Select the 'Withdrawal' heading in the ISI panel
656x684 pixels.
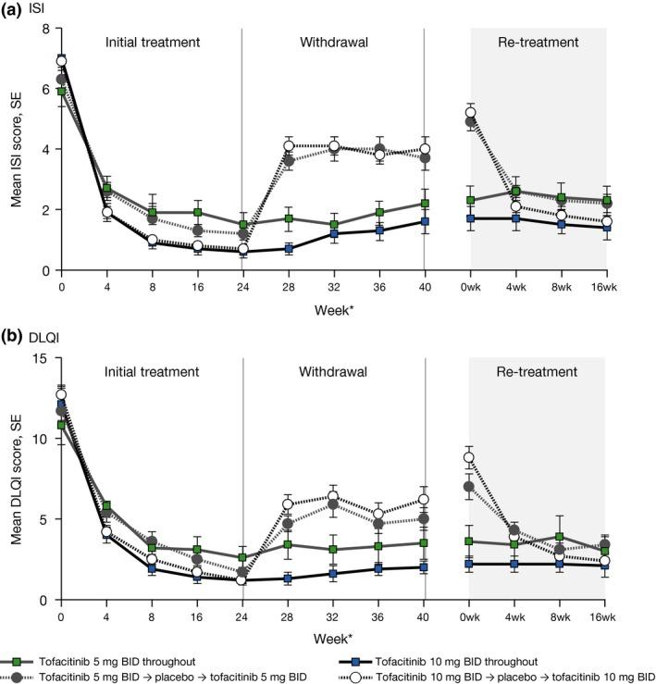[333, 43]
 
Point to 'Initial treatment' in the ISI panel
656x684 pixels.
[152, 43]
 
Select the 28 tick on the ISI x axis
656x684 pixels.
[288, 286]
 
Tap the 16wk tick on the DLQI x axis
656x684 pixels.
[606, 616]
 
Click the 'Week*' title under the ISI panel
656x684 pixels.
[333, 306]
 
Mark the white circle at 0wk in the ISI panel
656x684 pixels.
[470, 113]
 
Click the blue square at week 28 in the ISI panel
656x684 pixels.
[288, 249]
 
